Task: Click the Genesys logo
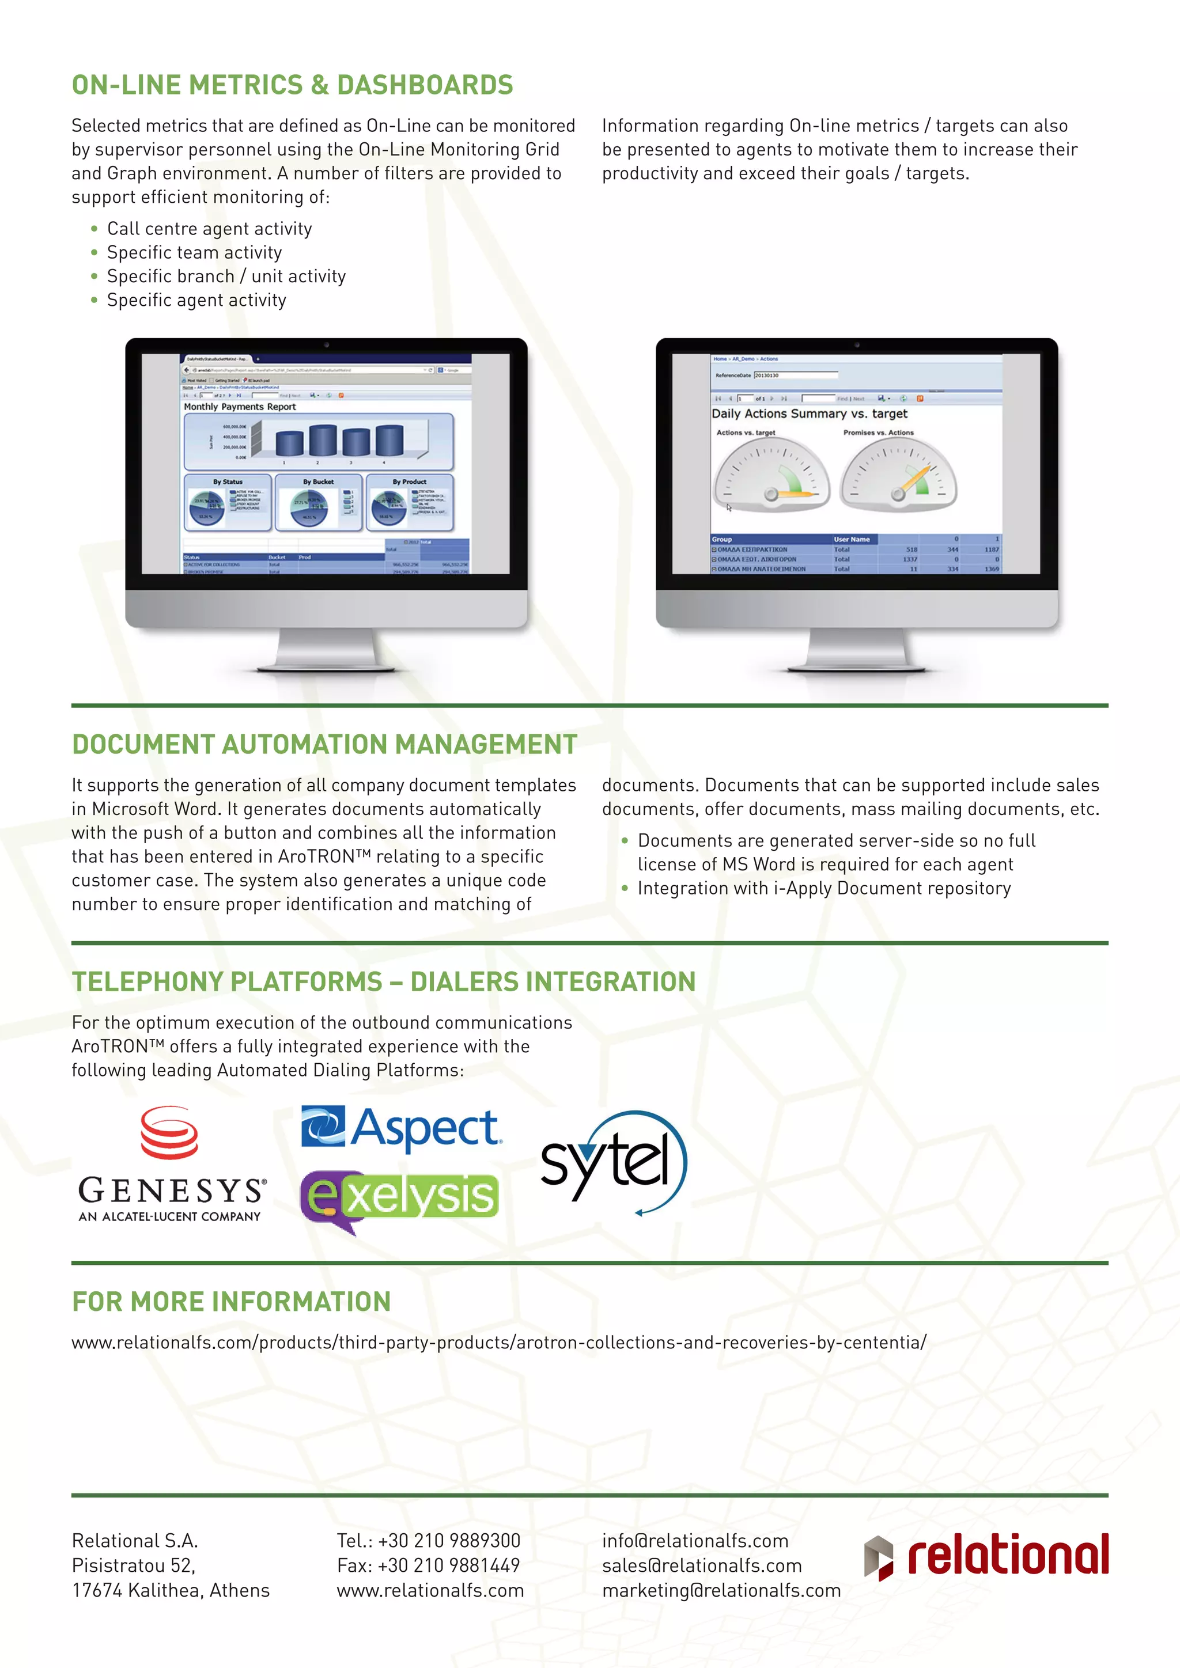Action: coord(172,1165)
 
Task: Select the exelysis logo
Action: coord(400,1198)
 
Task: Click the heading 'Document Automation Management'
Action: coord(324,745)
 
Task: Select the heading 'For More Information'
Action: coord(231,1302)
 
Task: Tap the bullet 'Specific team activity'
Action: coord(194,252)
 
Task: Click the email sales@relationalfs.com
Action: coord(701,1565)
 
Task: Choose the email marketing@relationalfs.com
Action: coord(721,1590)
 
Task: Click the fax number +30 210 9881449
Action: coord(428,1565)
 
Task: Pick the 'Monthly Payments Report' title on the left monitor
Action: coord(240,407)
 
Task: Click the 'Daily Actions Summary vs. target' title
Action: coord(810,414)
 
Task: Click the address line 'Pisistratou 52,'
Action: coord(134,1565)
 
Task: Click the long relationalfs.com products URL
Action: coord(498,1343)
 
